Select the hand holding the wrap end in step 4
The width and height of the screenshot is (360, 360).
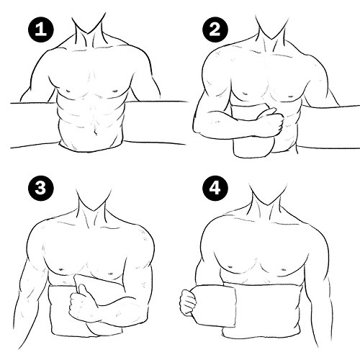(x=189, y=302)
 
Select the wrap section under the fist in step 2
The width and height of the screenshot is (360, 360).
(x=252, y=144)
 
